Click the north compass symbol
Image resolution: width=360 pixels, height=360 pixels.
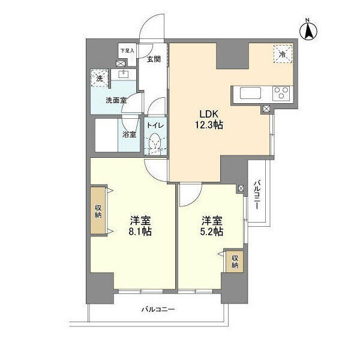tap(308, 31)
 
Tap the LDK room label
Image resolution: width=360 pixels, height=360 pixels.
tap(208, 113)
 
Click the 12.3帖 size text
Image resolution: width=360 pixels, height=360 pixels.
tap(209, 125)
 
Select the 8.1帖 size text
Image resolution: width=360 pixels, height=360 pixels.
tap(140, 232)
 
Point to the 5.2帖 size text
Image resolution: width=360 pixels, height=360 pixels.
tap(211, 232)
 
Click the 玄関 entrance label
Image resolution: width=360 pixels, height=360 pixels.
tap(154, 59)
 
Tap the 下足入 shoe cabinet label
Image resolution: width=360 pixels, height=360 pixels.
tap(127, 51)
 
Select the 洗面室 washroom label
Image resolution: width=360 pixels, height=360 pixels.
tap(116, 100)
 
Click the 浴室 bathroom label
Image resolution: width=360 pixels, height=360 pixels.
tap(129, 135)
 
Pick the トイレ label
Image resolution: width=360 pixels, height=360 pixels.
tap(155, 125)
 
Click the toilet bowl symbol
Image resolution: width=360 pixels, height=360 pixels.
tap(155, 142)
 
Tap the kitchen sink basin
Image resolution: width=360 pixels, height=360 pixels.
tap(250, 93)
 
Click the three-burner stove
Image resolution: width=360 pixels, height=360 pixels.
tap(281, 94)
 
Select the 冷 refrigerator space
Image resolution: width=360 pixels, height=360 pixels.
tap(283, 54)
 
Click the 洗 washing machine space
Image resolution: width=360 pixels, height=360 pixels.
tap(100, 78)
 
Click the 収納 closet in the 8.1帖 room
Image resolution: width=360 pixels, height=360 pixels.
tap(98, 211)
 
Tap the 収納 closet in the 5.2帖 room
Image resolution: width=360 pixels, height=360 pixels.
tap(235, 262)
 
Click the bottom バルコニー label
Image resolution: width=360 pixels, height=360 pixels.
tap(158, 310)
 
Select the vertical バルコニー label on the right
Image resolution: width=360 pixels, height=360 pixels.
tap(257, 195)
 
